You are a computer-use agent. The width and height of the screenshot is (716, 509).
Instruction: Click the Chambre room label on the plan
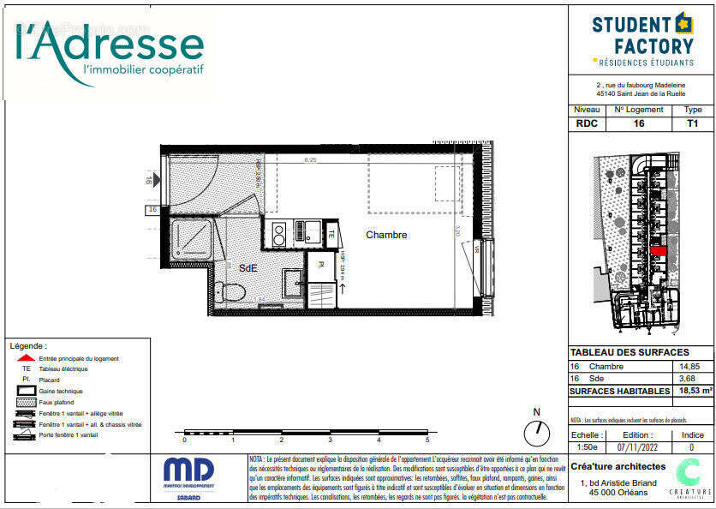(386, 235)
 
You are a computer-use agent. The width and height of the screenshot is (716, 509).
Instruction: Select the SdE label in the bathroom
(248, 267)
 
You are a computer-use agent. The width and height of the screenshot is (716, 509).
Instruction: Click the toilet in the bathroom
(232, 292)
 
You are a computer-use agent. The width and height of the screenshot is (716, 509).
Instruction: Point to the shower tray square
(192, 238)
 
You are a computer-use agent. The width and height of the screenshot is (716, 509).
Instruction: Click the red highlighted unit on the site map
(657, 250)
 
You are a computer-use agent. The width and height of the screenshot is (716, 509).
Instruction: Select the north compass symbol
(537, 432)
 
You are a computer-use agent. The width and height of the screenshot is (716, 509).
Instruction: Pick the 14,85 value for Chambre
(689, 367)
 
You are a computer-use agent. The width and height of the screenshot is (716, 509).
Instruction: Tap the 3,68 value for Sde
(689, 378)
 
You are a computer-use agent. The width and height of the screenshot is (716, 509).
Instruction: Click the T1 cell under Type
(693, 123)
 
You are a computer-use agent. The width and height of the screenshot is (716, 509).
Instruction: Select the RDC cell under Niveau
(587, 123)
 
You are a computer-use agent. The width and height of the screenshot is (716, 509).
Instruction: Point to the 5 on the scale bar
(427, 440)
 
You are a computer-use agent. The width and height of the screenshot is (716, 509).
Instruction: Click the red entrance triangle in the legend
(27, 358)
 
